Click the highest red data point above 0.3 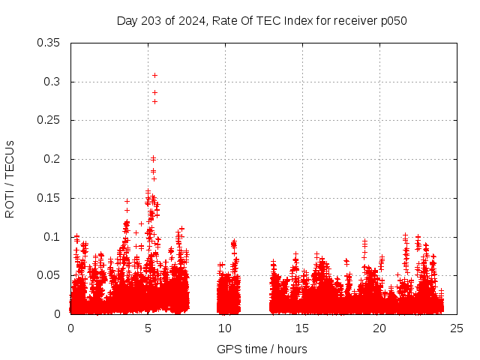(154, 75)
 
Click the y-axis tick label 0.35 (49, 43)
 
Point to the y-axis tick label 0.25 (49, 120)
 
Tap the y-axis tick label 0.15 (49, 198)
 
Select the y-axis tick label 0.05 (49, 275)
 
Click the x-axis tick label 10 (225, 328)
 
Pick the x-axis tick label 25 (457, 328)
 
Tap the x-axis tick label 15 (302, 328)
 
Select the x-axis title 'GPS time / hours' (262, 349)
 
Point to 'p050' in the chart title (393, 20)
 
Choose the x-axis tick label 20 (379, 328)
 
